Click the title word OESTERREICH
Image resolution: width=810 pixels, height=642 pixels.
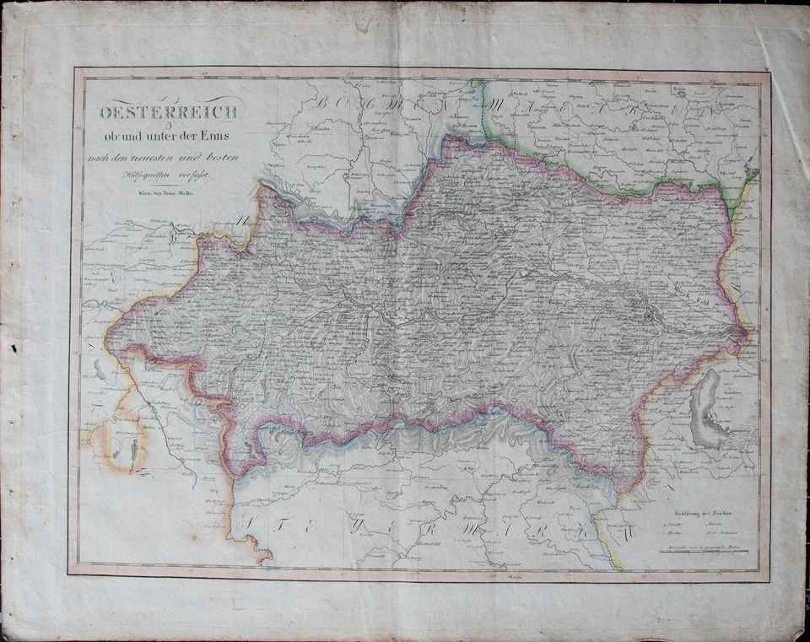[170, 111]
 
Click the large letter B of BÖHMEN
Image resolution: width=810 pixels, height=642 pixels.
[323, 103]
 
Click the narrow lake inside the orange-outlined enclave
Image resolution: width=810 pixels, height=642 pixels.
[134, 447]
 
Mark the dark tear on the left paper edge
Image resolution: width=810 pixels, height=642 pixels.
[12, 348]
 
